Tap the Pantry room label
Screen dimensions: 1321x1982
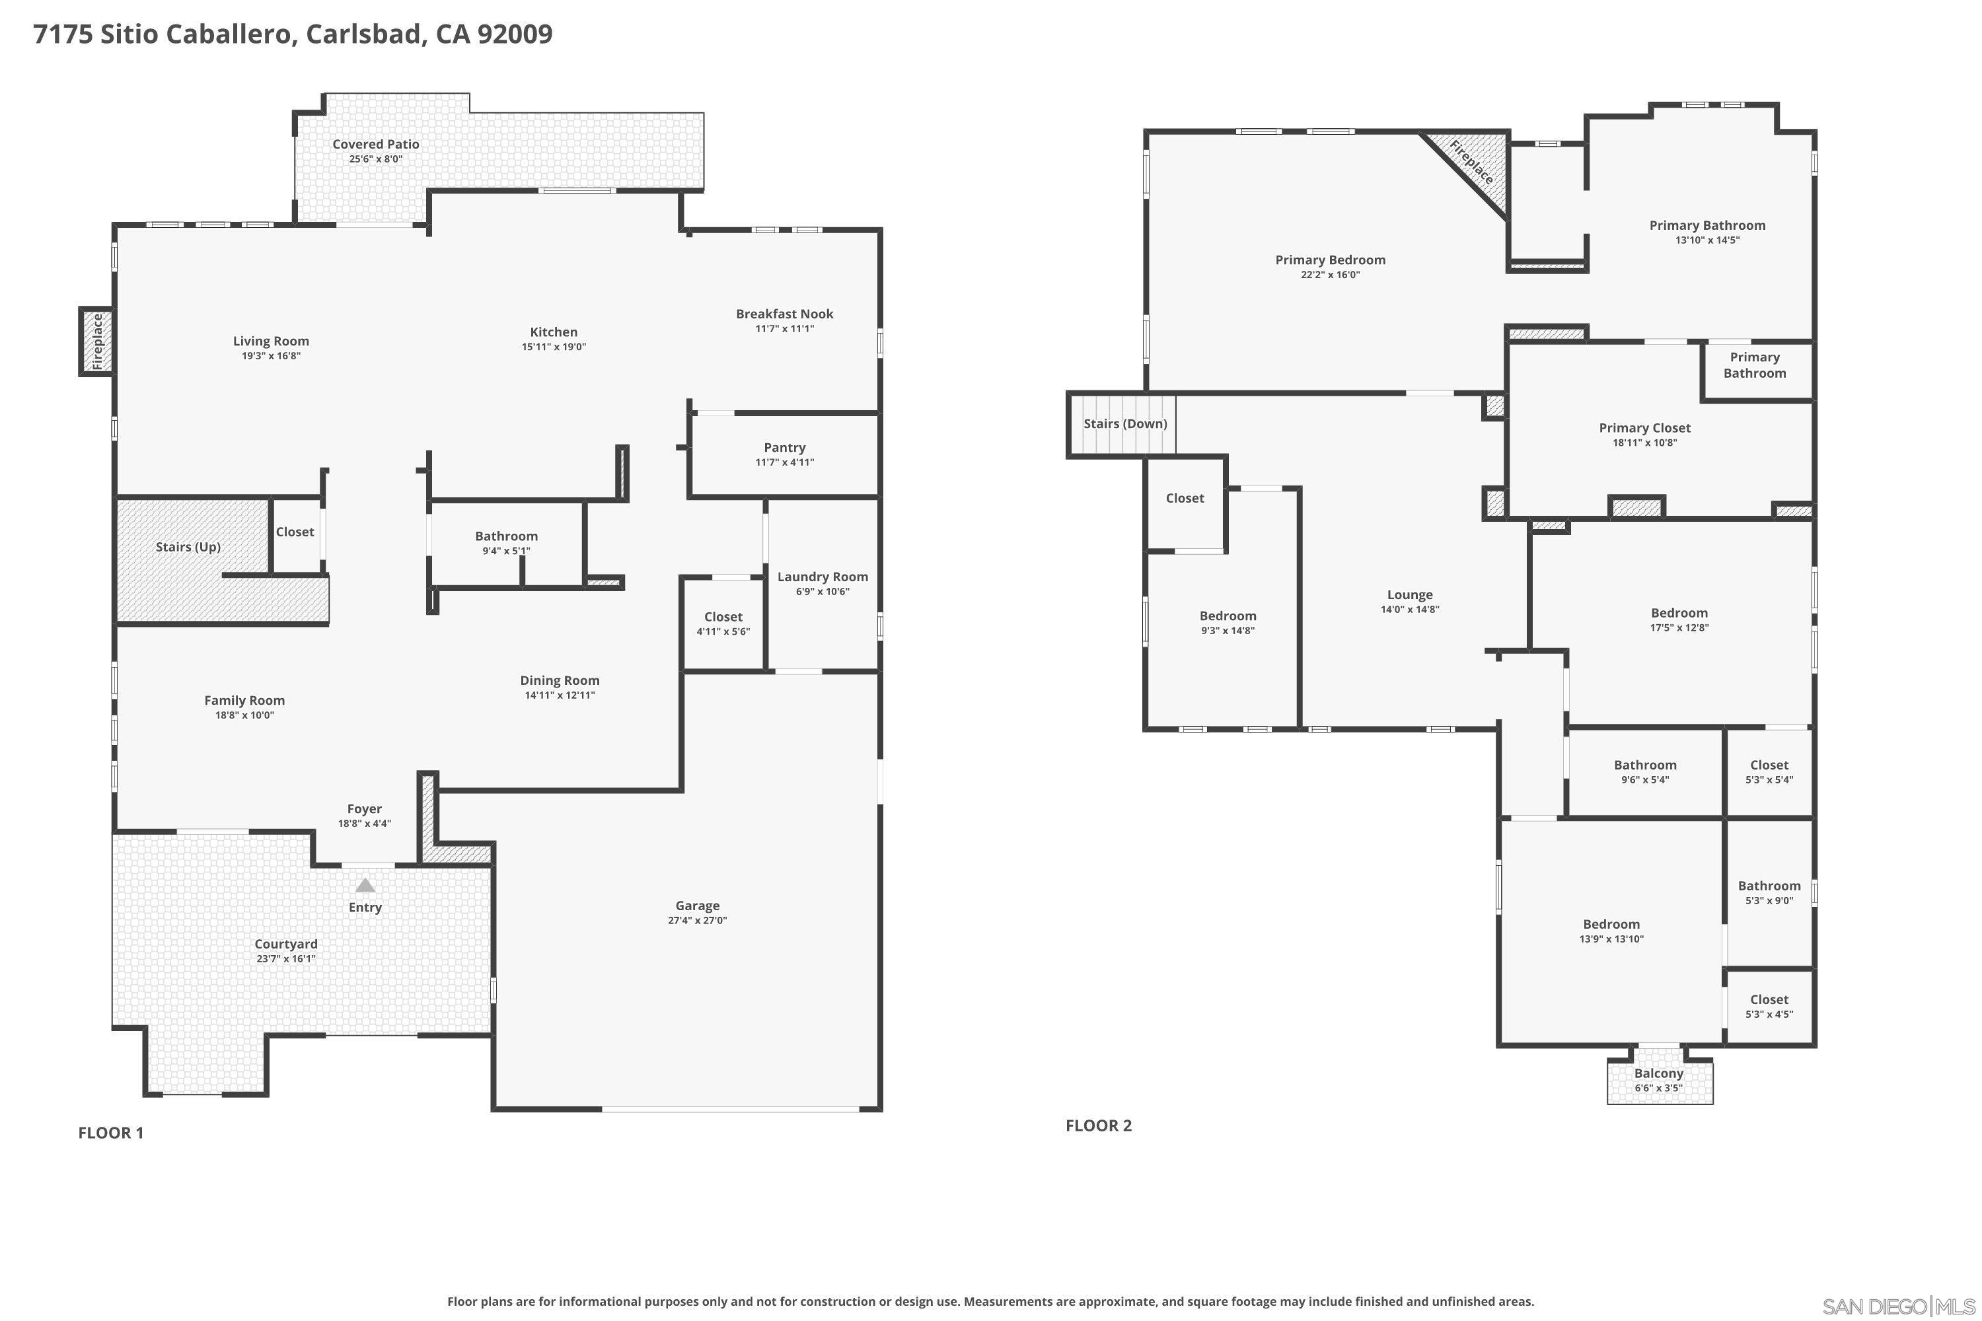click(785, 447)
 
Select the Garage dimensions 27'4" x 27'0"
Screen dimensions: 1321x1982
click(697, 921)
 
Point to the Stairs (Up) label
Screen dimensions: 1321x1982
click(188, 547)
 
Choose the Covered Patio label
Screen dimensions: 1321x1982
click(375, 144)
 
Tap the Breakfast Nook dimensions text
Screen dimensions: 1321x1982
click(785, 328)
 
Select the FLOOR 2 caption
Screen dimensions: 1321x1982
click(1098, 1125)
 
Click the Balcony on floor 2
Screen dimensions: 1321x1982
click(1658, 1080)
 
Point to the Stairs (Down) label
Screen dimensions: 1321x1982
click(1125, 424)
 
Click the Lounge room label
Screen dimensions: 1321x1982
click(1410, 595)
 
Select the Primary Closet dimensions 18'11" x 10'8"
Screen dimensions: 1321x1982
click(1644, 443)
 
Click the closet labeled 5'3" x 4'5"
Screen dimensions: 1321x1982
click(1769, 1006)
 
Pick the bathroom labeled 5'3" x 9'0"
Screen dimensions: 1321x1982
click(1769, 892)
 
